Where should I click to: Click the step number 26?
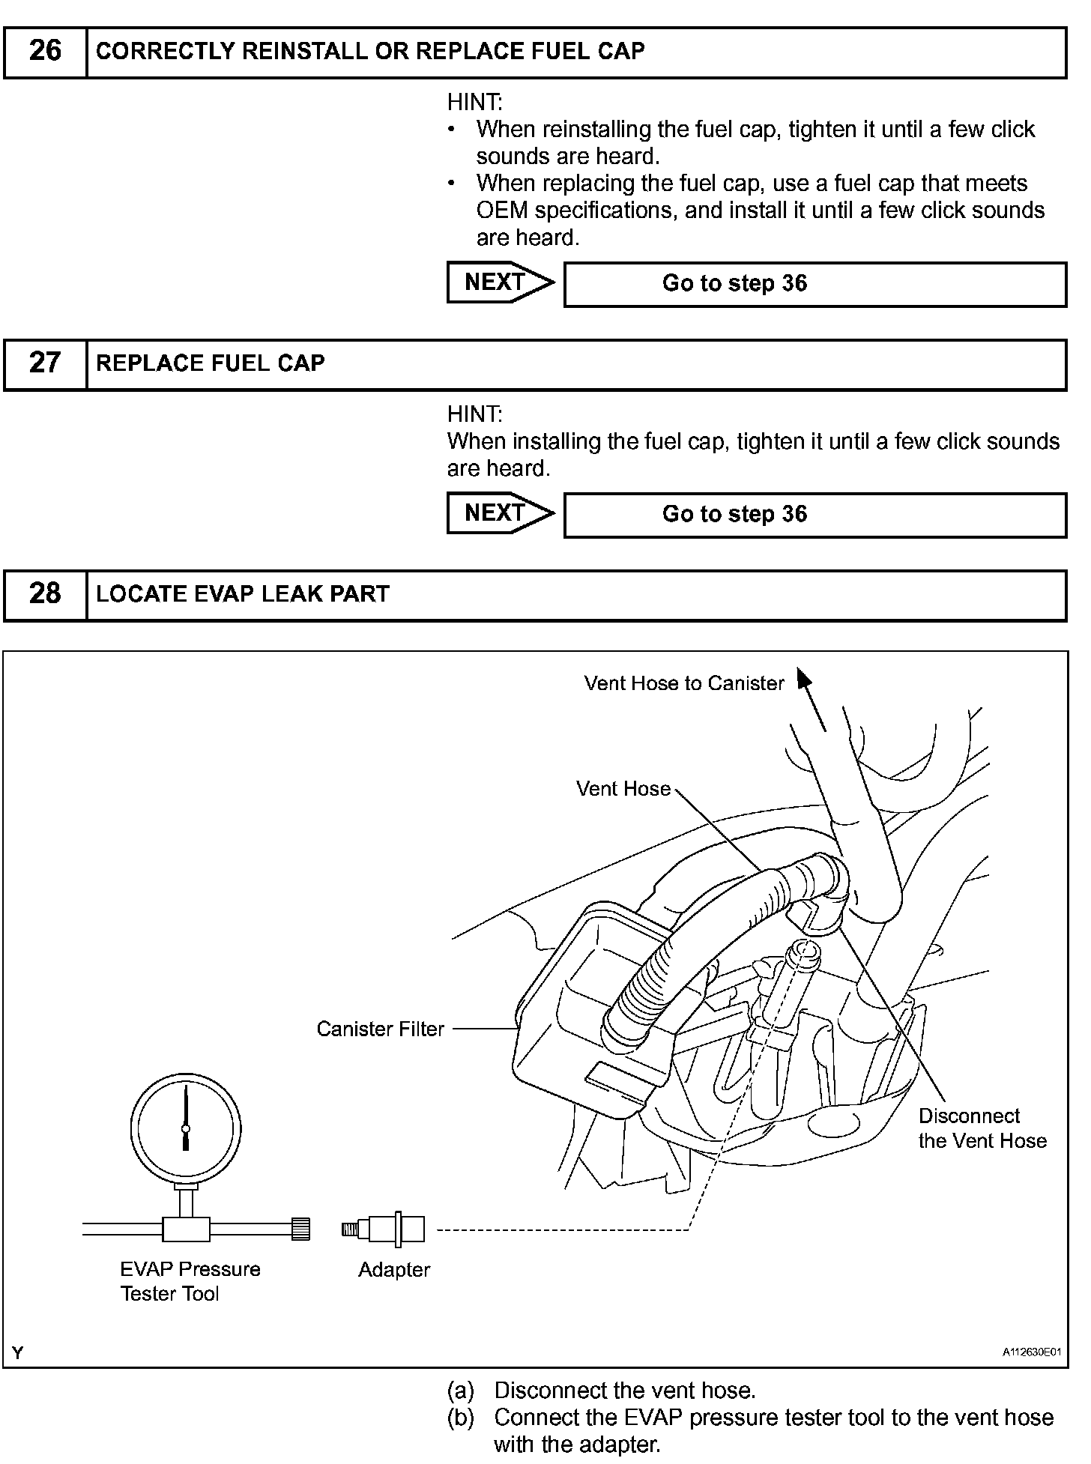pos(45,51)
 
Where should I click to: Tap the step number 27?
pos(45,363)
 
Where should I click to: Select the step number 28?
pos(45,594)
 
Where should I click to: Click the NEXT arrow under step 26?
pos(500,282)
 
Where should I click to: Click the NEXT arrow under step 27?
pos(500,513)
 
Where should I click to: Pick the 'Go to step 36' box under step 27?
pos(815,515)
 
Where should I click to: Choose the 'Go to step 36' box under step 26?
pos(815,284)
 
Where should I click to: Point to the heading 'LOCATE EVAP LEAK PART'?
pos(243,594)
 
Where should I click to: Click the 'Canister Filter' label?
pos(380,1029)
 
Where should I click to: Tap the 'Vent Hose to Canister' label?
pos(683,683)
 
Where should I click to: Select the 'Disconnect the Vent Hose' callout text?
pos(982,1128)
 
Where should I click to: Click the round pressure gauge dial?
pos(186,1128)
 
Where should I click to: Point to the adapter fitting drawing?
pos(384,1229)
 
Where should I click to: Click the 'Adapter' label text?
pos(394,1270)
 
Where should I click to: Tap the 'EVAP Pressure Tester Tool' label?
pos(190,1281)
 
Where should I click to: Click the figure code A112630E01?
pos(1032,1352)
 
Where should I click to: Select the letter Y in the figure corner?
pos(18,1352)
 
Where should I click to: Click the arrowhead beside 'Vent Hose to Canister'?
pos(804,679)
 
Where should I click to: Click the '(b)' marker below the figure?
pos(461,1418)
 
